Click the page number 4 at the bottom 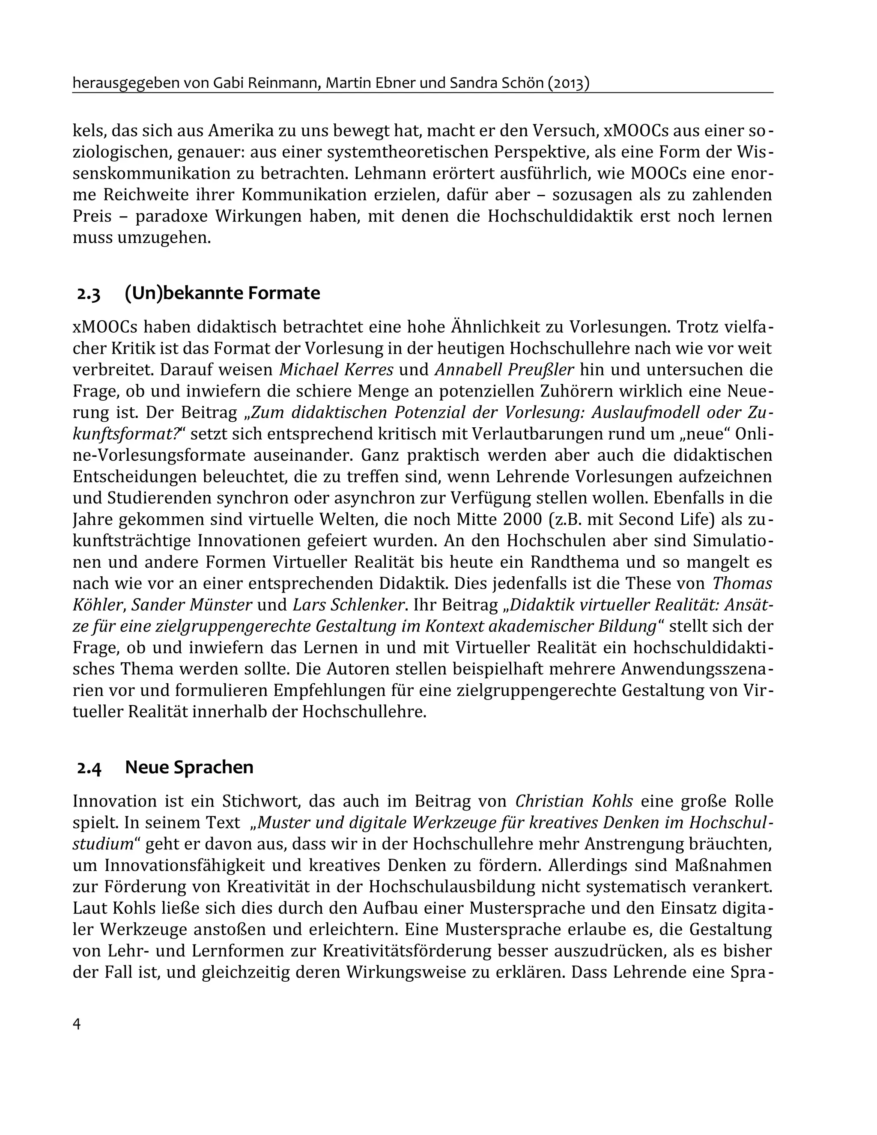(77, 1024)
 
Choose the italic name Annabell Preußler (504, 369)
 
